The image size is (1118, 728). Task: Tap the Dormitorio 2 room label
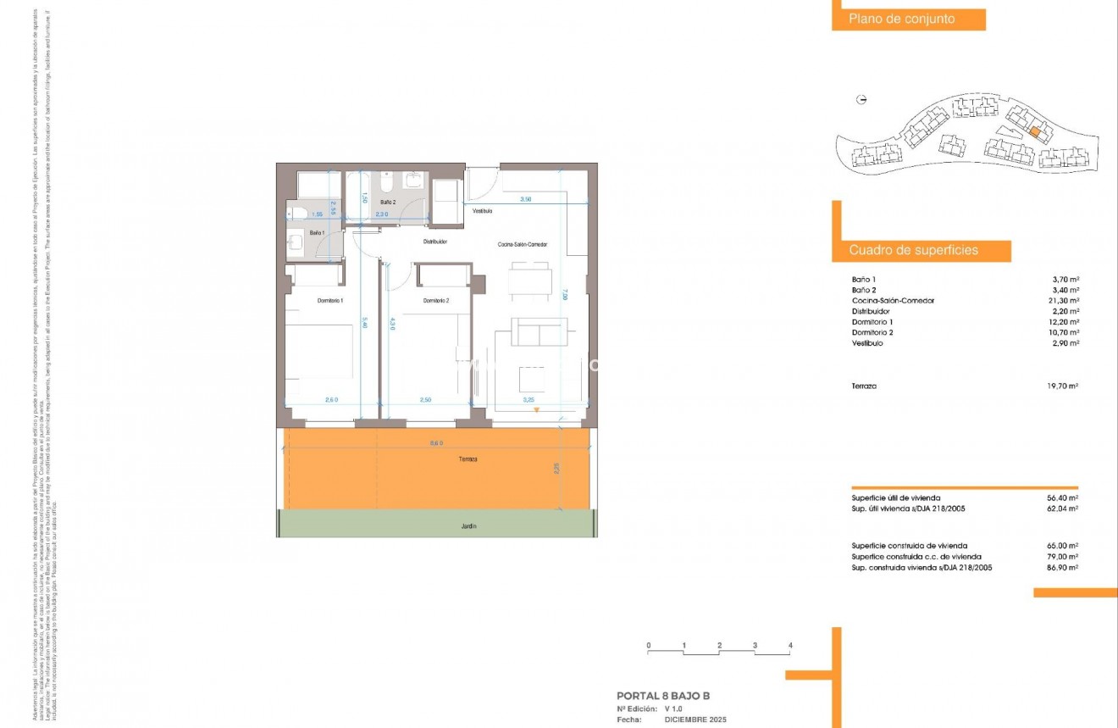point(436,301)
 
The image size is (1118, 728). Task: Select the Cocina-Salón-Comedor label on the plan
point(522,244)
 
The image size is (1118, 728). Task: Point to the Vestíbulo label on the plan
point(483,211)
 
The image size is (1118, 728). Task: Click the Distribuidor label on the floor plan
point(435,242)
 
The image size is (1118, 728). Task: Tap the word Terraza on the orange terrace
point(468,458)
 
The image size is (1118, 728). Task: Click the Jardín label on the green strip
point(469,526)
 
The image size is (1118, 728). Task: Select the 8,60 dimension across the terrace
point(436,443)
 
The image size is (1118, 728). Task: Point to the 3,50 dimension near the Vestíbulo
point(525,199)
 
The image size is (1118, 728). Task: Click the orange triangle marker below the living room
point(536,411)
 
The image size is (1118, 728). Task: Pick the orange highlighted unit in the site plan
point(1035,132)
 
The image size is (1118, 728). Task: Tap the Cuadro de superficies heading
point(913,251)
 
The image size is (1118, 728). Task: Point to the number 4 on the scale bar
point(790,646)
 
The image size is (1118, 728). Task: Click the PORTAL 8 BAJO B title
point(663,697)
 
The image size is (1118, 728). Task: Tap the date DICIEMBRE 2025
point(695,720)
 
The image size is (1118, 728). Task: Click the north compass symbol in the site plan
point(862,100)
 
